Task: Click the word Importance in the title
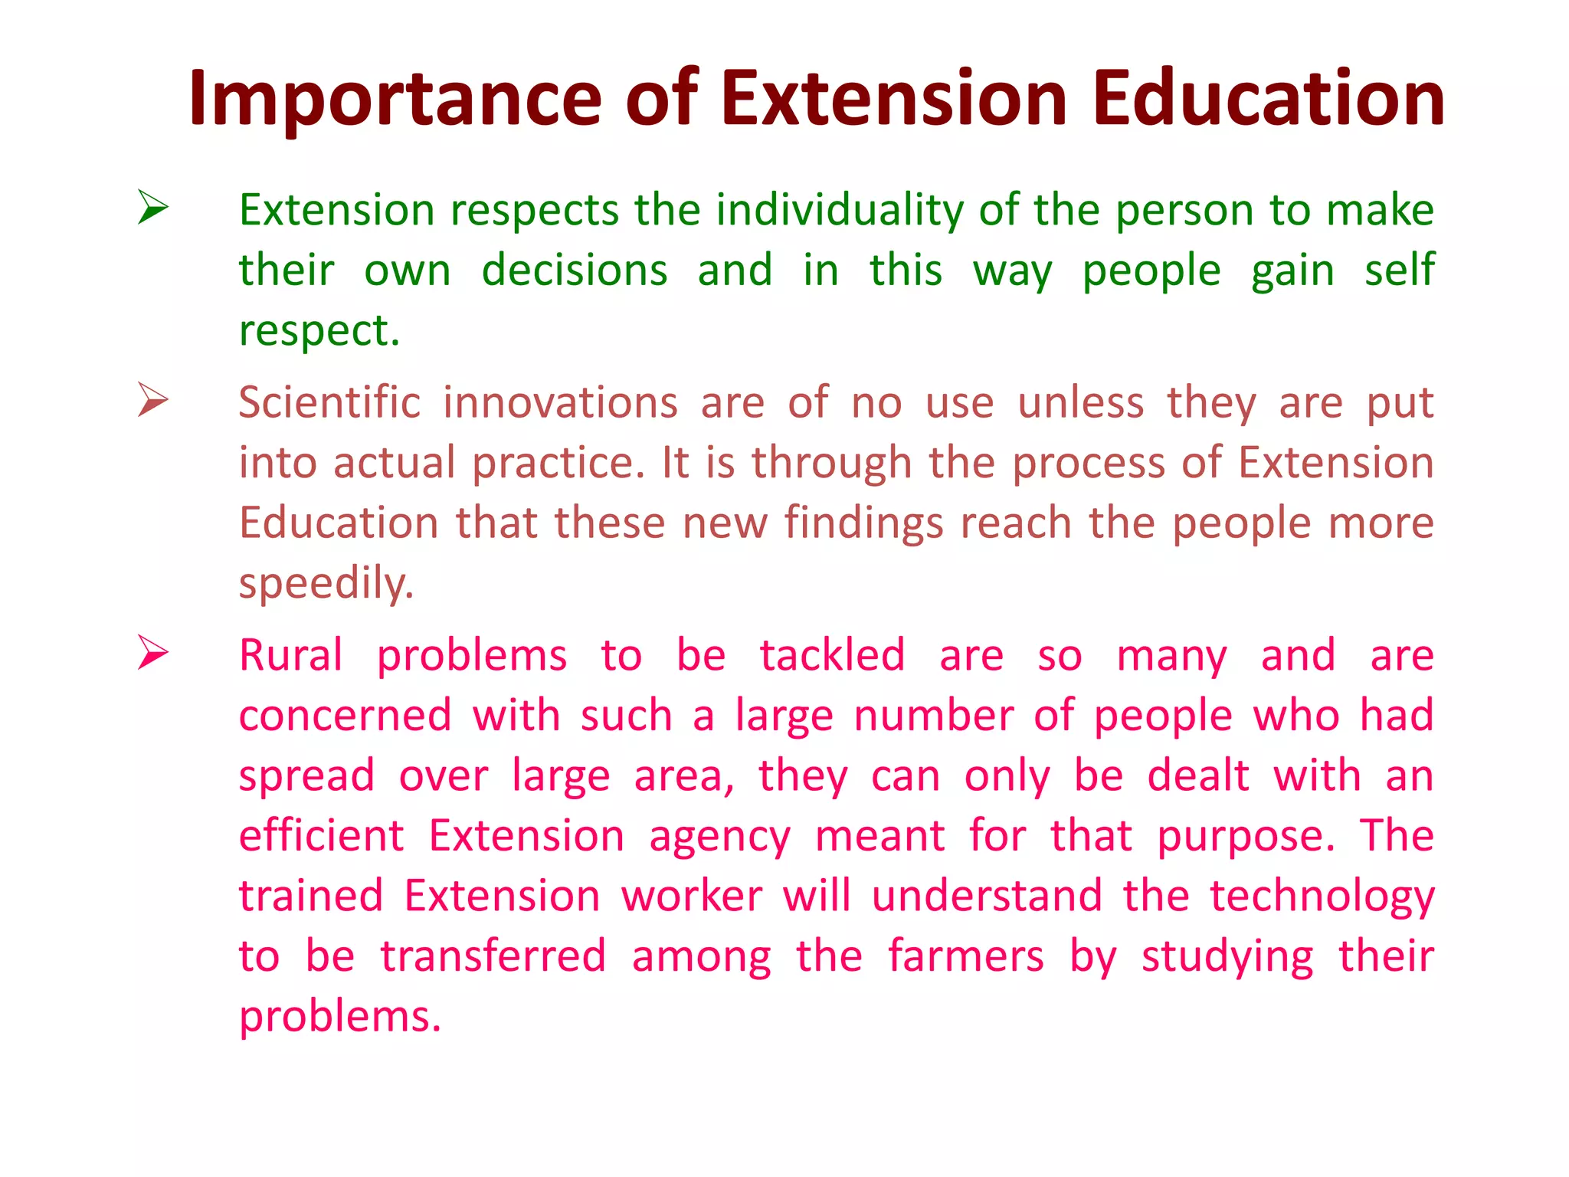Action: coord(395,100)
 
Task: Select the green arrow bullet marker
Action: coord(153,208)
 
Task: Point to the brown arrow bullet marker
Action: coord(153,400)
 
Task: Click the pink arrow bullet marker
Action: coord(153,653)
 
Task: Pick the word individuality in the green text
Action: coord(840,210)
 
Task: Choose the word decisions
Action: coord(575,270)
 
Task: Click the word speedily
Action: coord(326,585)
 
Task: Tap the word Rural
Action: coord(290,656)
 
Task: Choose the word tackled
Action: coord(832,656)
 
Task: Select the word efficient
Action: coord(321,836)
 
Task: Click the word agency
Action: coord(719,838)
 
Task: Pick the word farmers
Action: coord(965,957)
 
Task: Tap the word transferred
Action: coord(493,957)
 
